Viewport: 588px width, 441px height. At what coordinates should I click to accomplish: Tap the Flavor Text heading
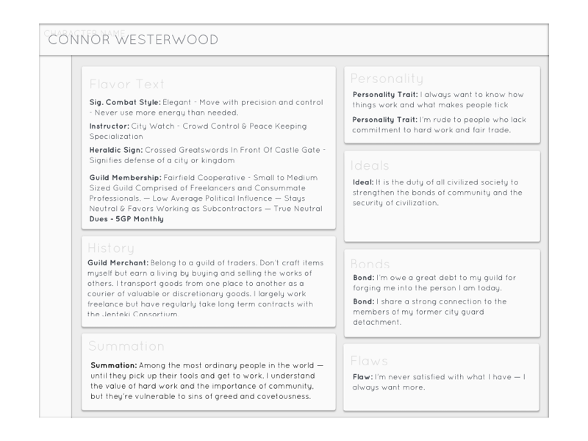(126, 84)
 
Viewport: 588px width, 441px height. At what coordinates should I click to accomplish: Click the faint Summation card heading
(126, 345)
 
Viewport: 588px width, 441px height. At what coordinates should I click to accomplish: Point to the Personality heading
(387, 78)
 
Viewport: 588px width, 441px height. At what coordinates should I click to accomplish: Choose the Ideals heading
(370, 165)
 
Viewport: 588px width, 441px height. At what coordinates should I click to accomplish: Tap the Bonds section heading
(370, 263)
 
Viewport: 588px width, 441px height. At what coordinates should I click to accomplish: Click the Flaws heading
(368, 361)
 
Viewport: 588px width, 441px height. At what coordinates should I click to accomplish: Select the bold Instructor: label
(109, 126)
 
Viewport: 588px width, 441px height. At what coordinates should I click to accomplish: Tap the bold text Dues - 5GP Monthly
(126, 219)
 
